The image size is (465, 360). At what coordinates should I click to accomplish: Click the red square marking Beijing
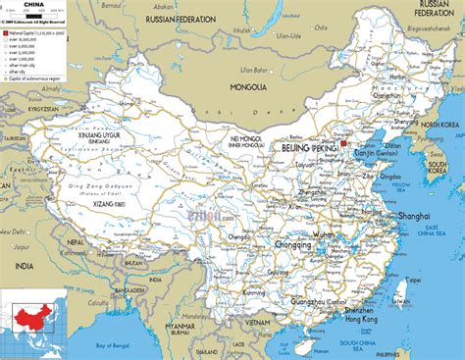344,145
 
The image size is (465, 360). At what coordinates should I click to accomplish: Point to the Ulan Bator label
257,69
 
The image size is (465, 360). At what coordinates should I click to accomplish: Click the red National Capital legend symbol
6,32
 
